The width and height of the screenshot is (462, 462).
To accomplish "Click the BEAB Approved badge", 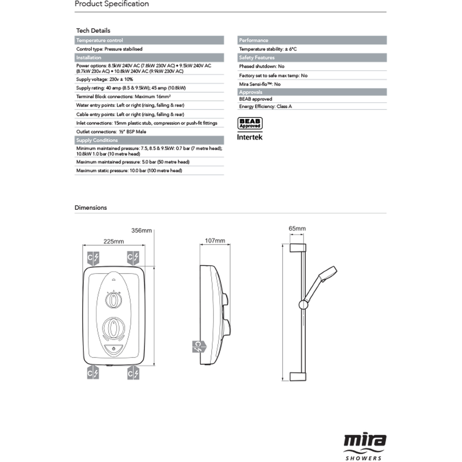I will click(x=250, y=123).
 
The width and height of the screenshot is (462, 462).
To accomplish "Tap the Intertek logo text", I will click(x=250, y=137).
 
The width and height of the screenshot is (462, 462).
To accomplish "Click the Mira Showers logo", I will click(x=365, y=446).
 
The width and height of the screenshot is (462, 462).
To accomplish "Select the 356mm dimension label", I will click(x=141, y=230).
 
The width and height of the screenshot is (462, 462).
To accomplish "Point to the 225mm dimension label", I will click(x=114, y=242).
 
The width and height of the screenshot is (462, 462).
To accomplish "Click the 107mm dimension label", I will click(x=214, y=241).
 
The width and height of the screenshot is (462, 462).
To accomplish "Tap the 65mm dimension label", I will click(x=297, y=229).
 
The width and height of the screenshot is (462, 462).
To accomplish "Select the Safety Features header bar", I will click(x=312, y=58).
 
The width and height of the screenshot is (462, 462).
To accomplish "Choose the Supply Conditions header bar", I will click(x=149, y=140).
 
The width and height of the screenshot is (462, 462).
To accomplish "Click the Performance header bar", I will click(x=312, y=41).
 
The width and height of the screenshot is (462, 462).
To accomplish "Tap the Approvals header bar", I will click(x=312, y=92).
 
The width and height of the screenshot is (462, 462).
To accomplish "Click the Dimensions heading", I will click(x=91, y=208).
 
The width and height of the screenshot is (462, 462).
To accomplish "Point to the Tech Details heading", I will click(x=93, y=30).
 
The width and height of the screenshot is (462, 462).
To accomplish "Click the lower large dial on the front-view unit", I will click(x=113, y=328).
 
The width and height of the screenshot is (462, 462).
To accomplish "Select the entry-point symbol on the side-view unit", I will click(x=198, y=346).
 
